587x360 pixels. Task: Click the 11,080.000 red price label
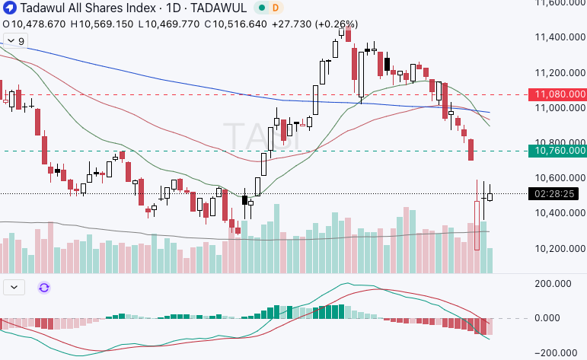pos(560,94)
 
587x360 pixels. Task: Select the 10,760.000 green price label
pos(560,151)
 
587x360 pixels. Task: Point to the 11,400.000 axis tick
pos(560,37)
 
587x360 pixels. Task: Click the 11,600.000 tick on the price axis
pos(560,3)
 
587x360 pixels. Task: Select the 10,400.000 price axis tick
pos(560,213)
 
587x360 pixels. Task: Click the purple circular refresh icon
pos(44,287)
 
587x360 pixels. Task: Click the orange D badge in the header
pos(275,8)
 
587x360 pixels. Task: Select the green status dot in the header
pos(261,8)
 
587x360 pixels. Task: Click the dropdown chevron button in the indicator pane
pos(15,287)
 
